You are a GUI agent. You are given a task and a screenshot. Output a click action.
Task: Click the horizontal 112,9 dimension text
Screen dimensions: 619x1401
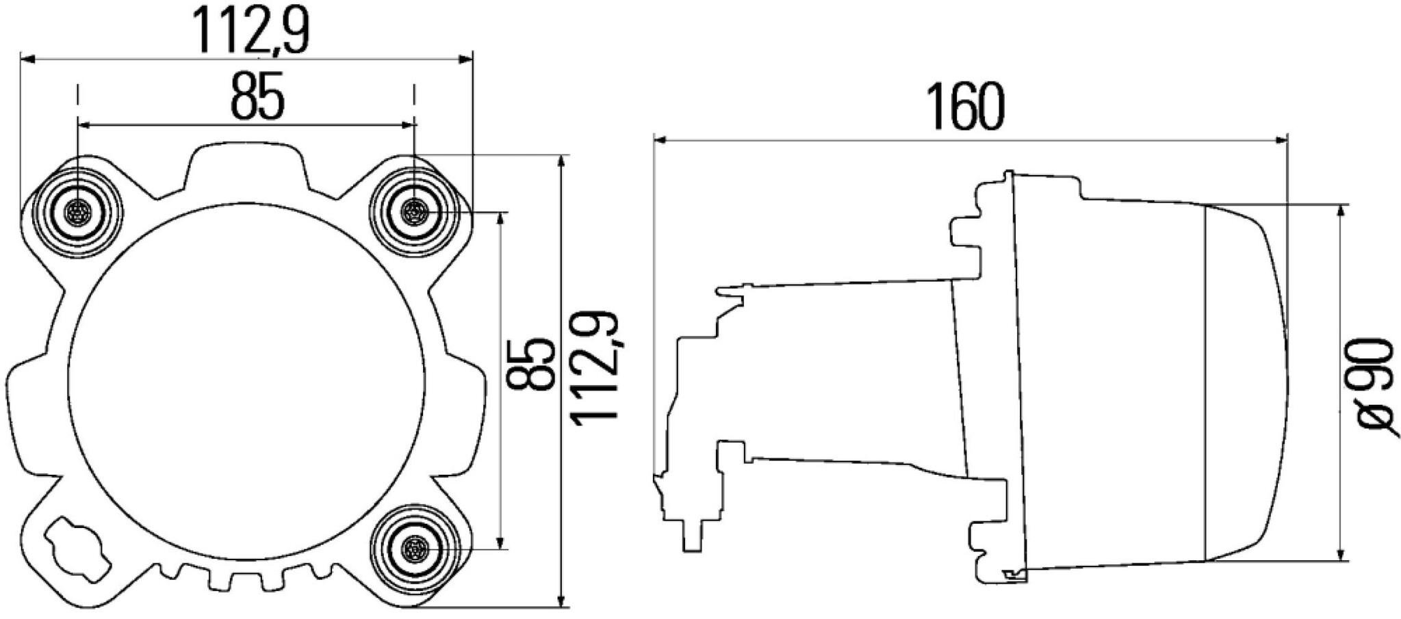click(x=250, y=31)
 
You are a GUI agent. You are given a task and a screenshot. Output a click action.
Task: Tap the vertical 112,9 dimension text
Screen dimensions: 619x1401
click(x=596, y=369)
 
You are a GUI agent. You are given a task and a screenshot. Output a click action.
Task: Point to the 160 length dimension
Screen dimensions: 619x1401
click(x=966, y=107)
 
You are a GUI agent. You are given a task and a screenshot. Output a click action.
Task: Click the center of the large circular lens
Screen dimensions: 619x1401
click(x=246, y=380)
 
